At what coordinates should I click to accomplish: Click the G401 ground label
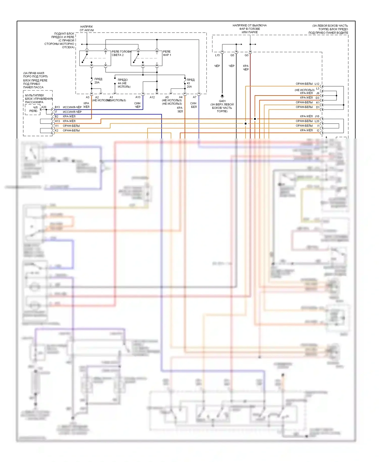click(x=222, y=101)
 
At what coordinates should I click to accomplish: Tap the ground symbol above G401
click(x=222, y=96)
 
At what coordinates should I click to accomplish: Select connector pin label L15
click(x=217, y=55)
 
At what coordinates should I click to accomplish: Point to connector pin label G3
click(x=246, y=55)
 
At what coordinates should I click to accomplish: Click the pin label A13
click(x=138, y=97)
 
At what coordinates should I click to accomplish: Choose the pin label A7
click(x=195, y=97)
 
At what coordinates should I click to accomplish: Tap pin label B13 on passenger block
click(x=57, y=107)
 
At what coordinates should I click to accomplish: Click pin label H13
click(x=57, y=121)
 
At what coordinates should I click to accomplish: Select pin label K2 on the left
click(x=57, y=130)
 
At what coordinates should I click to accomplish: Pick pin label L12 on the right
click(x=317, y=84)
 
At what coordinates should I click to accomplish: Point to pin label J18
click(x=317, y=116)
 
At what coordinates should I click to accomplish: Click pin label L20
click(x=317, y=121)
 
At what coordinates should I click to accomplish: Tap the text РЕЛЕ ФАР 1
click(x=167, y=53)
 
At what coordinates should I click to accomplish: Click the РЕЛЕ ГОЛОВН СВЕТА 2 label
click(x=121, y=53)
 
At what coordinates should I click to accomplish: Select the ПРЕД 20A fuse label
click(x=98, y=81)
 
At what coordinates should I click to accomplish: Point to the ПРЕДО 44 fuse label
click(x=124, y=83)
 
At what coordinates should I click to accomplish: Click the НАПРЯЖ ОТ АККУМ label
click(x=87, y=28)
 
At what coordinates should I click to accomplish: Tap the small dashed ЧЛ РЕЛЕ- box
click(x=33, y=109)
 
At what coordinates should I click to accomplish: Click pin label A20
click(x=44, y=107)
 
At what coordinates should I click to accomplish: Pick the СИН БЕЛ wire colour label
click(x=194, y=105)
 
